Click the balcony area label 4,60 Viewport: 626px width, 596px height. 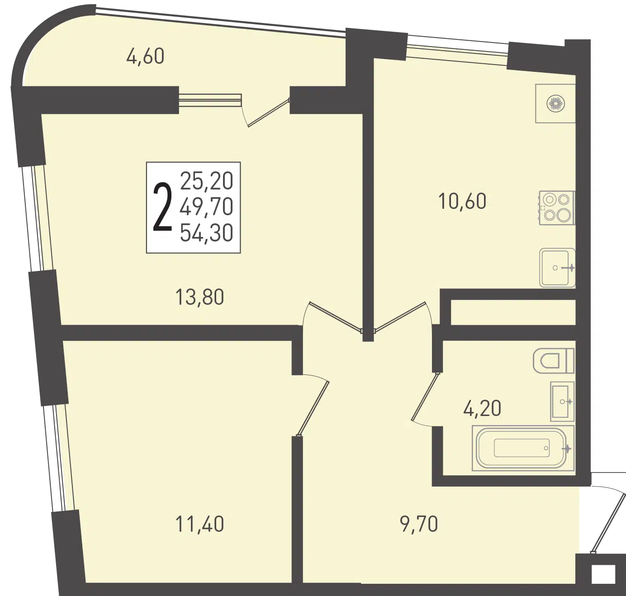pyautogui.click(x=145, y=56)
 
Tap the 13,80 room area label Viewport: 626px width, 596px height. pyautogui.click(x=199, y=297)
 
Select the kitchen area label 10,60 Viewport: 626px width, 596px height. pyautogui.click(x=462, y=201)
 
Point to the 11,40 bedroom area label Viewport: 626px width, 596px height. pyautogui.click(x=199, y=524)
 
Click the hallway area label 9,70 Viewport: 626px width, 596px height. pyautogui.click(x=419, y=524)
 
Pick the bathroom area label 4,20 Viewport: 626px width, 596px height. pyautogui.click(x=482, y=408)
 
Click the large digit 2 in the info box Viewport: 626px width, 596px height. pyautogui.click(x=162, y=207)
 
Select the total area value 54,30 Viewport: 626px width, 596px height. pyautogui.click(x=207, y=233)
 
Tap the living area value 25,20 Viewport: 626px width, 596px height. pyautogui.click(x=207, y=181)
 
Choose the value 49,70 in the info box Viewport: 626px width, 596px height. pyautogui.click(x=207, y=207)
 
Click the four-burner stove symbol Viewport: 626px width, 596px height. pyautogui.click(x=557, y=208)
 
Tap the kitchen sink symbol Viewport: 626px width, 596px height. pyautogui.click(x=557, y=268)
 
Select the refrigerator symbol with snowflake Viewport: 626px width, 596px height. pyautogui.click(x=555, y=104)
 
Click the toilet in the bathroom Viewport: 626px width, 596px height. pyautogui.click(x=554, y=360)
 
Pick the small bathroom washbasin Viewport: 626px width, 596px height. pyautogui.click(x=562, y=402)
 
